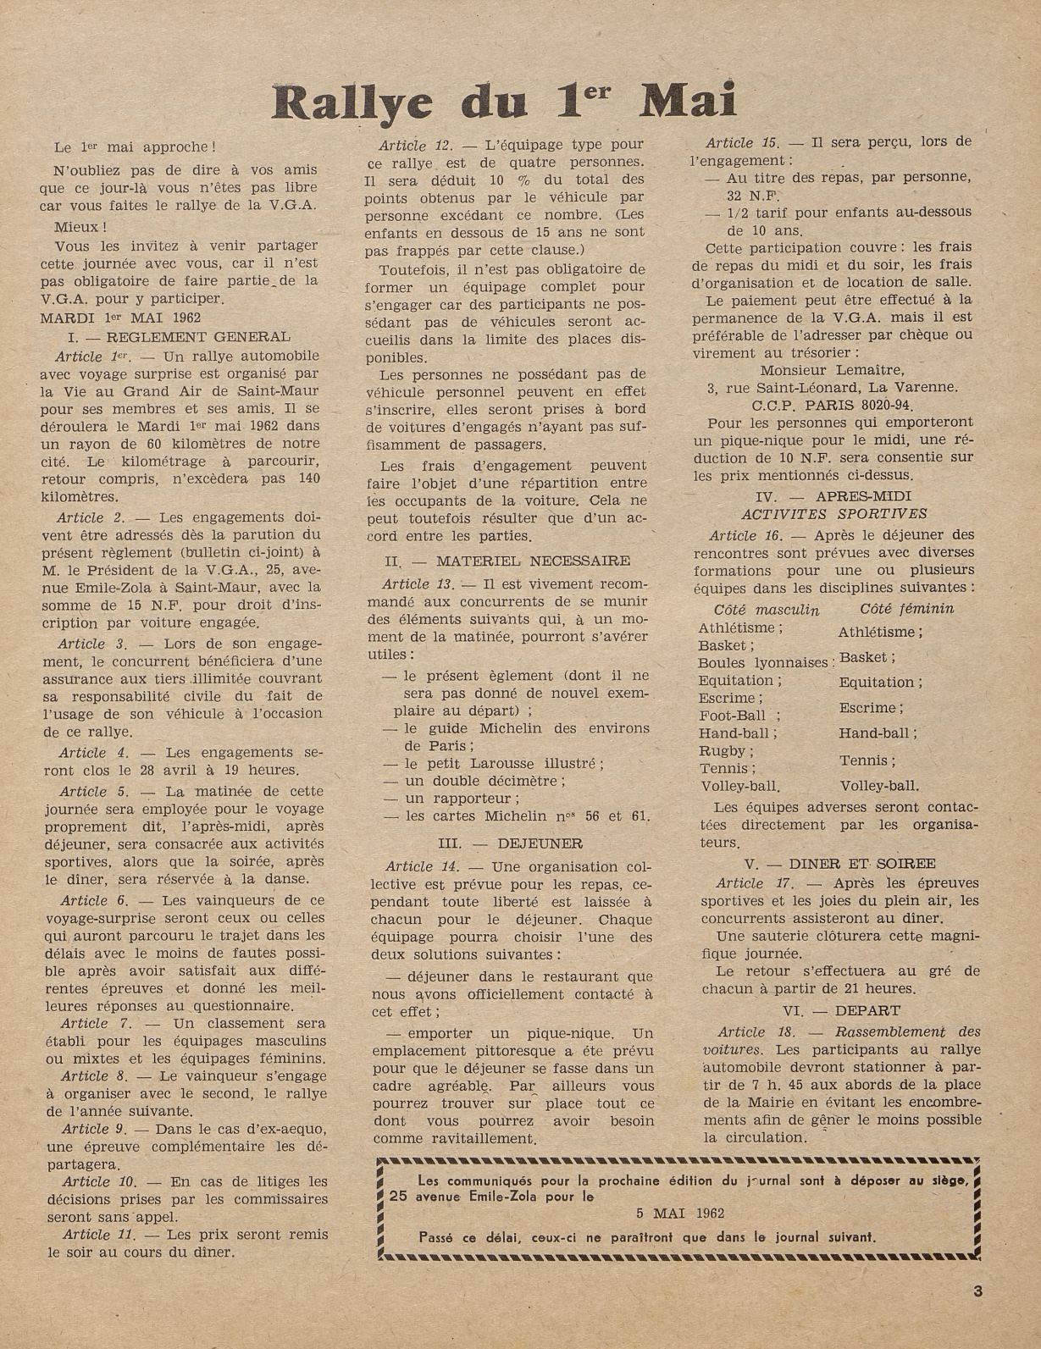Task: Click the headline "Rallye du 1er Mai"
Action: click(x=504, y=100)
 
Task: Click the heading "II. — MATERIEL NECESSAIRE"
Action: click(x=507, y=561)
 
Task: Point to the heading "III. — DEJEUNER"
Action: click(x=510, y=843)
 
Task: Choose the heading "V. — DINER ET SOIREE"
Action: click(x=839, y=864)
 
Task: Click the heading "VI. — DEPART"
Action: click(x=841, y=1010)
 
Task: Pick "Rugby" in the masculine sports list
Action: click(x=722, y=750)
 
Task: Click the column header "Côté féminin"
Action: click(x=906, y=609)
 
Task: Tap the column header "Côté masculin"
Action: click(x=767, y=610)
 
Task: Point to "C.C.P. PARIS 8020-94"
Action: click(x=834, y=405)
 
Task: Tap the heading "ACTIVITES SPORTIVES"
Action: click(x=834, y=513)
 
